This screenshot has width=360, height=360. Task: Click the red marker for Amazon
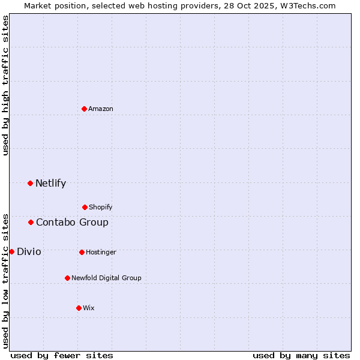(84, 109)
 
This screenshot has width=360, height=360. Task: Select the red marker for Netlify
(30, 183)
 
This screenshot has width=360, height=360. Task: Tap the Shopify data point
(85, 207)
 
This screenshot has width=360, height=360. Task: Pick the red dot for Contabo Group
(31, 222)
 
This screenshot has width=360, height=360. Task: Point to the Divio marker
(11, 251)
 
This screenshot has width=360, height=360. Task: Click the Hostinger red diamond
(82, 252)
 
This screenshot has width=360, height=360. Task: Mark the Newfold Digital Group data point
(67, 278)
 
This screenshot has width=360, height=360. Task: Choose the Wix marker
(79, 308)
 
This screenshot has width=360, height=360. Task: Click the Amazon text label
(101, 109)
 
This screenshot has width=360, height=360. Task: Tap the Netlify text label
(50, 183)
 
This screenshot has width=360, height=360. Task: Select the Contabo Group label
(72, 222)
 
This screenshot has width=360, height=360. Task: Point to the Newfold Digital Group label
(106, 278)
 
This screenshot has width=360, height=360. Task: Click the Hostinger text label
(101, 252)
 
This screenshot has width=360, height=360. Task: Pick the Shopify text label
(100, 207)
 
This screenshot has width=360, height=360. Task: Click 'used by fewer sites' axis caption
(62, 355)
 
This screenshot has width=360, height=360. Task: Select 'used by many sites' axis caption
(301, 355)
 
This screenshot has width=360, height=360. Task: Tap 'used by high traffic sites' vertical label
(5, 85)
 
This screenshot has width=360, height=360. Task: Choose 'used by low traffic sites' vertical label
(5, 280)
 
